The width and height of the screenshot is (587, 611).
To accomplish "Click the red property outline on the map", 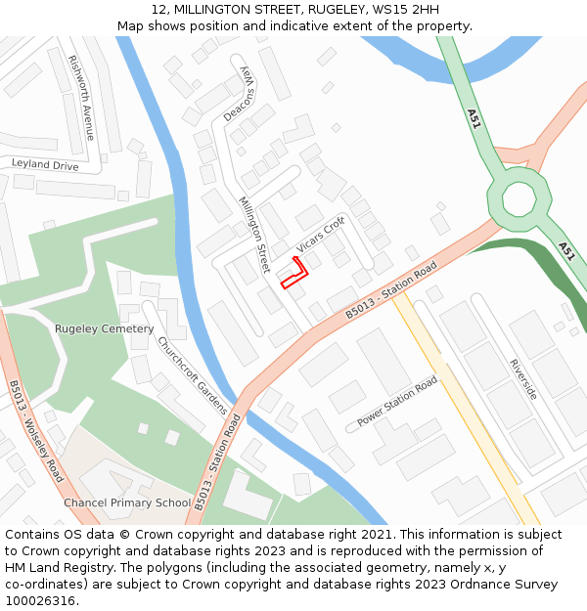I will pyautogui.click(x=294, y=274).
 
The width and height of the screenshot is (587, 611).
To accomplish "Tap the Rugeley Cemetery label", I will pyautogui.click(x=104, y=329).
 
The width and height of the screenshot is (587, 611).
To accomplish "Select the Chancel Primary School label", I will pyautogui.click(x=127, y=502).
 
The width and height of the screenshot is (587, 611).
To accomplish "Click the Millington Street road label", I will pyautogui.click(x=253, y=235).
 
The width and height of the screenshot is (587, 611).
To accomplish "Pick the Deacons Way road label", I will pyautogui.click(x=240, y=95).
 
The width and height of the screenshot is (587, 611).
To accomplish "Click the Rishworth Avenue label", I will pyautogui.click(x=82, y=97).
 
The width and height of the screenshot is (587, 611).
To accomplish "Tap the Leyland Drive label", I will pyautogui.click(x=45, y=165).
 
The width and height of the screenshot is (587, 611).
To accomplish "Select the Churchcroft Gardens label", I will pyautogui.click(x=193, y=375).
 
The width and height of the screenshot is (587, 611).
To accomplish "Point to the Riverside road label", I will pyautogui.click(x=522, y=378).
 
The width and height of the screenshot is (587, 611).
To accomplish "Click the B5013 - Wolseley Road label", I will pyautogui.click(x=36, y=430).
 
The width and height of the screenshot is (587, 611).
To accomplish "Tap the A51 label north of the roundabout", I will pyautogui.click(x=474, y=119).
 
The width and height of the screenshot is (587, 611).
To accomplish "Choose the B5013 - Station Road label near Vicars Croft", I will pyautogui.click(x=390, y=290).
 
